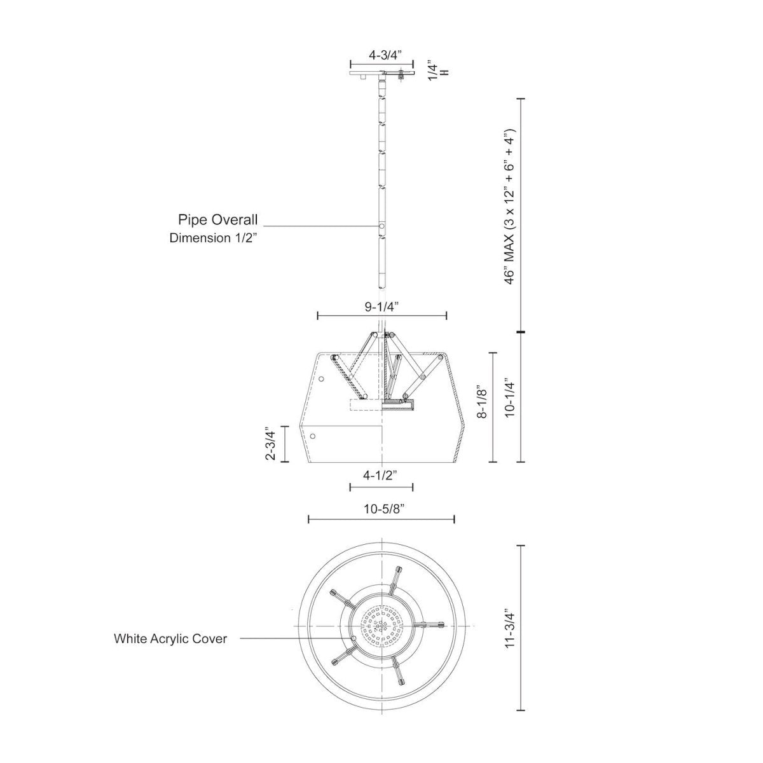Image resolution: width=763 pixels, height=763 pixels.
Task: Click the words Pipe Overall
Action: click(217, 220)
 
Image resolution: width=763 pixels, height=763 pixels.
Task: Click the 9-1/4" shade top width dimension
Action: click(381, 306)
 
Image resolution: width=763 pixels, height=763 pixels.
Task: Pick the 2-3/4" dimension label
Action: click(272, 444)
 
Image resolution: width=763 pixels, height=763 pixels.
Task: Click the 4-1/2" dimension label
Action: click(381, 475)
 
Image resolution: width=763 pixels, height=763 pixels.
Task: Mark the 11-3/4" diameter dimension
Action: click(509, 629)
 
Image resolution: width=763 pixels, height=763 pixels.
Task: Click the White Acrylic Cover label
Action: click(170, 638)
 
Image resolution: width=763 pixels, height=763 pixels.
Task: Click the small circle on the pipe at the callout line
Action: click(381, 226)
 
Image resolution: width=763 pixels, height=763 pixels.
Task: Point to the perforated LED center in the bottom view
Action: click(381, 627)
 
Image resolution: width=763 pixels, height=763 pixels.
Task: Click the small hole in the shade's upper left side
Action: click(322, 380)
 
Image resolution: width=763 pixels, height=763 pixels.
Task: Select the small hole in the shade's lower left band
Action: click(313, 436)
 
